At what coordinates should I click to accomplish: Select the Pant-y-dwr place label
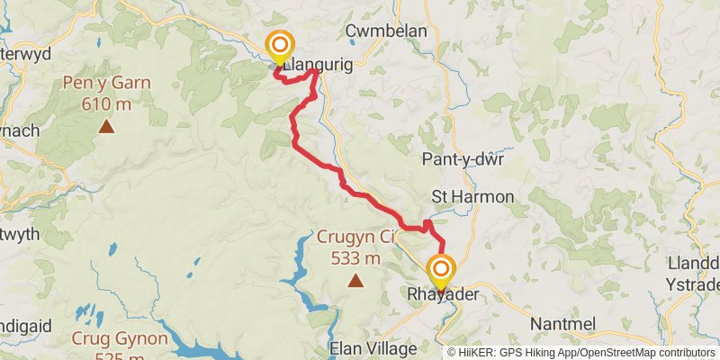[x=463, y=159]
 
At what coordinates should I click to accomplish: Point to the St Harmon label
[x=472, y=196]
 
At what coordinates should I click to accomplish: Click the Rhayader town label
[x=440, y=294]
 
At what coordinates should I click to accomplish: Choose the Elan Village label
[x=374, y=348]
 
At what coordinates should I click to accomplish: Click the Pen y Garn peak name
[x=105, y=85]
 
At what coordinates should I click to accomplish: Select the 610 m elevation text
[x=106, y=104]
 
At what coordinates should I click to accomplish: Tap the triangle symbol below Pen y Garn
[x=106, y=126]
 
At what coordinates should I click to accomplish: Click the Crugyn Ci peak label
[x=355, y=238]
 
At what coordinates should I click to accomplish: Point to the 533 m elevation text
[x=355, y=258]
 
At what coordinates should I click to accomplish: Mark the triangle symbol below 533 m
[x=355, y=281]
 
